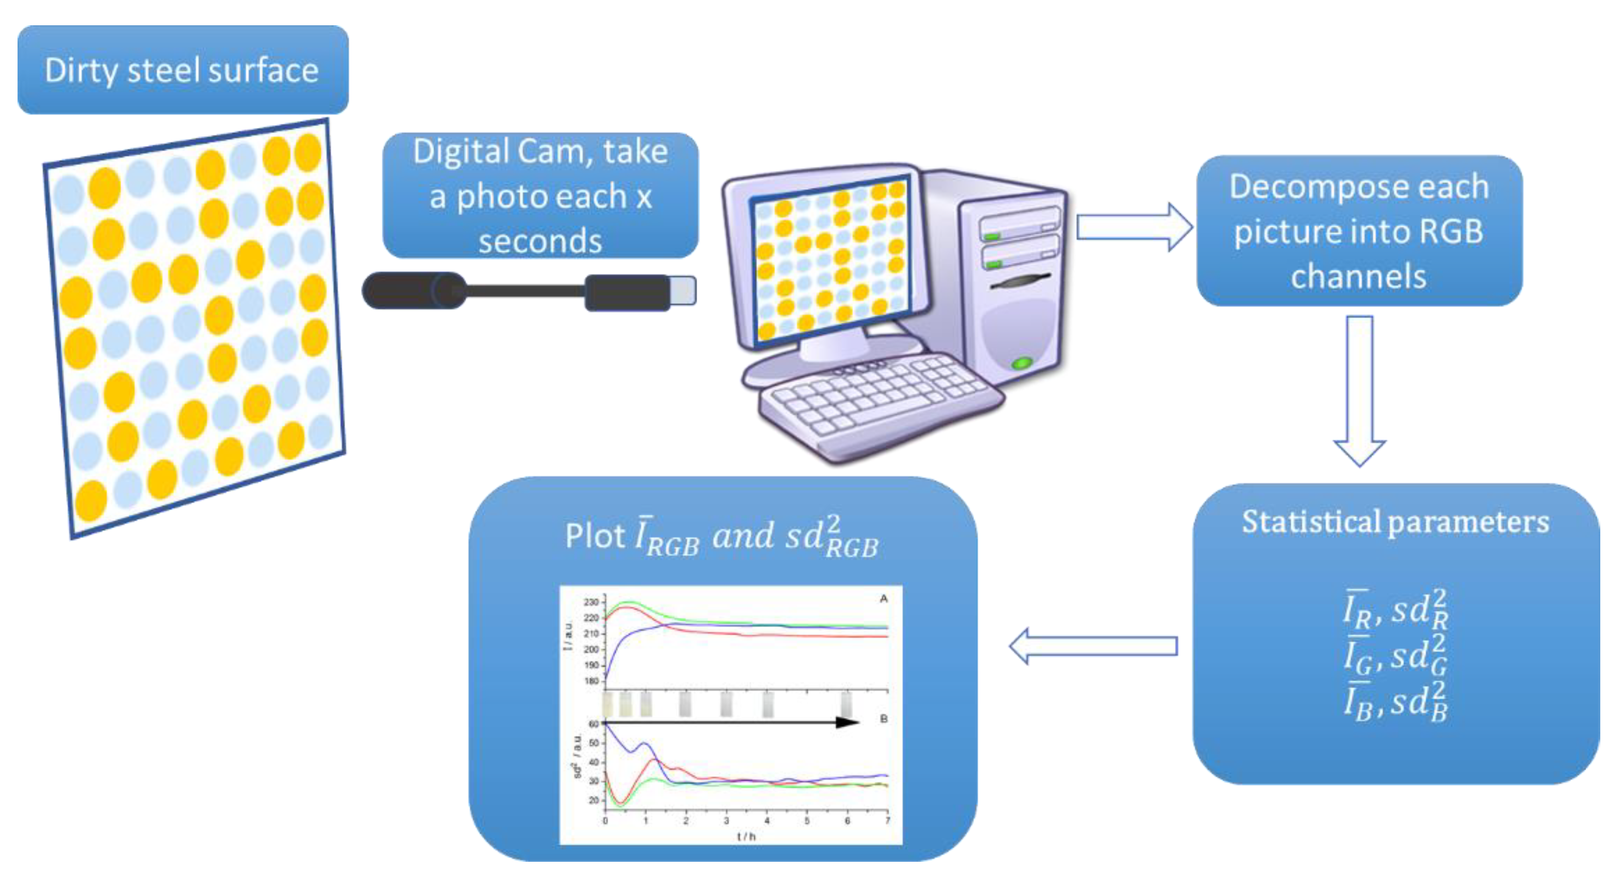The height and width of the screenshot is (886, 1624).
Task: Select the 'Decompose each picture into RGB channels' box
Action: pyautogui.click(x=1359, y=231)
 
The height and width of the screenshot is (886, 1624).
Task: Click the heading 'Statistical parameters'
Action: pyautogui.click(x=1395, y=522)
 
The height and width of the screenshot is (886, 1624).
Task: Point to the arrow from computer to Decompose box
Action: pyautogui.click(x=1134, y=227)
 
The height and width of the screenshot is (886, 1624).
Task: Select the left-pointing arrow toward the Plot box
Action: pyautogui.click(x=1093, y=646)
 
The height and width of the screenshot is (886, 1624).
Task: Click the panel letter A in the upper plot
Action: pyautogui.click(x=883, y=598)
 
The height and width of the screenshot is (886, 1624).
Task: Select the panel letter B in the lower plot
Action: pyautogui.click(x=883, y=719)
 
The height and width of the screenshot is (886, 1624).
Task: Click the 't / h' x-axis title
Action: pyautogui.click(x=746, y=836)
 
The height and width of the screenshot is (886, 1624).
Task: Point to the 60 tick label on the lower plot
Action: pyautogui.click(x=593, y=724)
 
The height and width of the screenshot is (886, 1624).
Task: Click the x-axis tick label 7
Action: pyautogui.click(x=887, y=821)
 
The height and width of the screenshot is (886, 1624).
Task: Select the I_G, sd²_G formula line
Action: pyautogui.click(x=1395, y=656)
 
